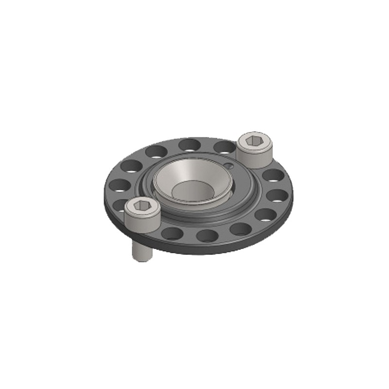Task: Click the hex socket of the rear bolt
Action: [x=254, y=141]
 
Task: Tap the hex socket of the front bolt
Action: [x=142, y=207]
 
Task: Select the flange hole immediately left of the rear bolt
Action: [x=224, y=146]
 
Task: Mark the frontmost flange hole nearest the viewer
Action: [x=207, y=236]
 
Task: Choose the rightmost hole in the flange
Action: [x=278, y=195]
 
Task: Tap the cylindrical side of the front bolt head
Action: [x=142, y=221]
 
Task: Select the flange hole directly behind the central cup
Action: [x=190, y=144]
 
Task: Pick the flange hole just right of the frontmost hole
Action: [x=240, y=229]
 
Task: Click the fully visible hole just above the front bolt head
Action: [x=120, y=185]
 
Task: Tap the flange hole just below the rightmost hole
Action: [x=265, y=214]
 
